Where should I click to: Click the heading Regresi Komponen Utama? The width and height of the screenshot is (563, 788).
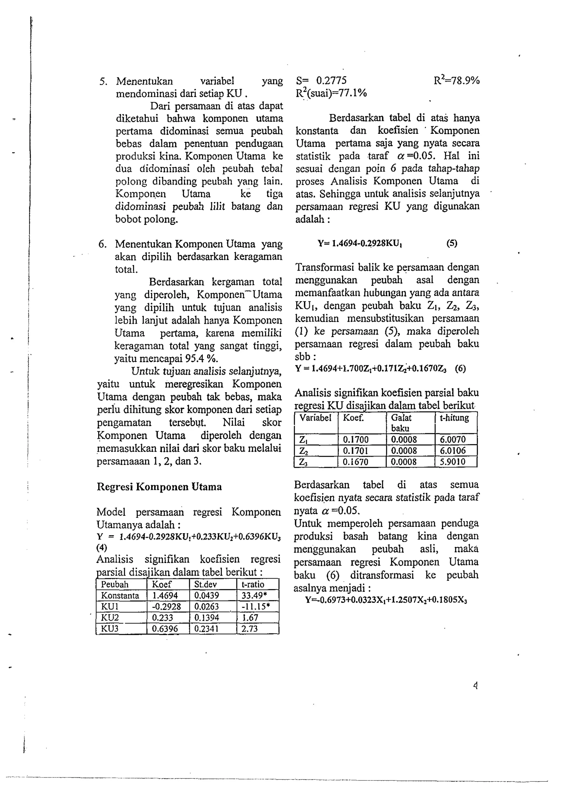tap(159, 487)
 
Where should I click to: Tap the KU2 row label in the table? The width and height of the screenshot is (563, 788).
tap(110, 618)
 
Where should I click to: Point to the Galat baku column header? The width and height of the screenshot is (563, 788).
tap(401, 422)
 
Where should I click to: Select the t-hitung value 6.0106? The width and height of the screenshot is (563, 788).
tap(453, 451)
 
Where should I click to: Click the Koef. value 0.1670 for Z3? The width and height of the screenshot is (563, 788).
tap(355, 462)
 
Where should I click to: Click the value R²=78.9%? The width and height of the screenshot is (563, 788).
tap(457, 81)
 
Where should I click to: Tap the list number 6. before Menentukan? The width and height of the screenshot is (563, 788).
tap(102, 244)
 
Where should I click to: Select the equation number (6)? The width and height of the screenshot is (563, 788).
tap(460, 368)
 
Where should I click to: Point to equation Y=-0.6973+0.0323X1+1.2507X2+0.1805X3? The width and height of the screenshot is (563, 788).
tap(386, 600)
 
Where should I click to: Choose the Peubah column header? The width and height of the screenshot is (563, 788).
tap(114, 585)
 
